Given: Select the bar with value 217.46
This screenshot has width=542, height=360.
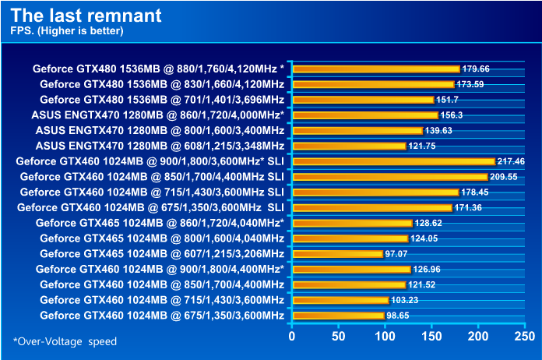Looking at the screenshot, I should pos(393,161).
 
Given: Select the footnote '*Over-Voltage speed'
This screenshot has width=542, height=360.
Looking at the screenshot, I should pos(65,341).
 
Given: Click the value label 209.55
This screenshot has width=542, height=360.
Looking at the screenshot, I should pos(505,177).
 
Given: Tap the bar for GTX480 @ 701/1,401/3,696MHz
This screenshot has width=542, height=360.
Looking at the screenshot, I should pos(363,100).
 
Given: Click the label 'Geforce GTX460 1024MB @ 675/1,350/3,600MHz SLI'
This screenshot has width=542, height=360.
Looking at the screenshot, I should pos(150,207).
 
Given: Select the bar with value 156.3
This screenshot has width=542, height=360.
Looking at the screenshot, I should pos(365,115).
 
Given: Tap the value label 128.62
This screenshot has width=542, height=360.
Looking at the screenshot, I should pos(430,223).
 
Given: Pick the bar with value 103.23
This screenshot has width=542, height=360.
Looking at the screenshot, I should pos(340,300).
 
